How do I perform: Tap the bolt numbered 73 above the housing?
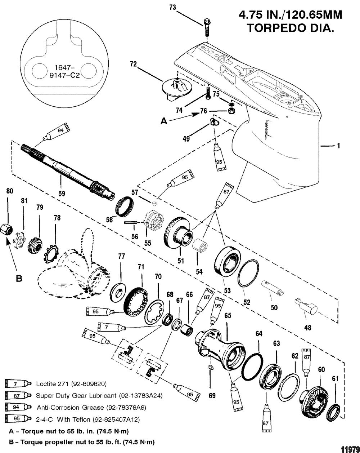click(207, 28)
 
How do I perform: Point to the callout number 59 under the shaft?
click(62, 194)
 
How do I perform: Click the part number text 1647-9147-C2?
click(64, 72)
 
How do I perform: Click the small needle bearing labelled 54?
click(200, 245)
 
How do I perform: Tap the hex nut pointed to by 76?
click(231, 111)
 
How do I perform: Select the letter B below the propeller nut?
click(19, 279)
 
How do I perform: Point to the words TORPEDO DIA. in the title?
click(291, 28)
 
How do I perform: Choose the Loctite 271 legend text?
click(71, 384)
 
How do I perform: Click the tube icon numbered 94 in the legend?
click(18, 407)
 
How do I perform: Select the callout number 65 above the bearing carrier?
click(228, 316)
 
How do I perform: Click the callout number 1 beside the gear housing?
click(338, 146)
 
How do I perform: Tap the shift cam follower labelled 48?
click(306, 304)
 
